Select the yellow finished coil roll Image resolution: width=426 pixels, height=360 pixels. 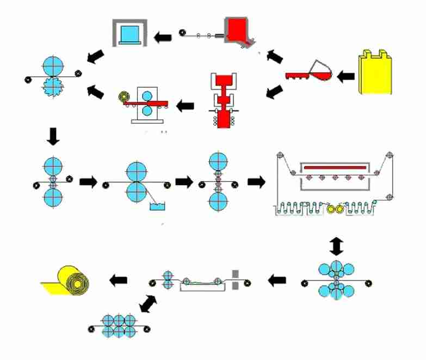pos(68,280)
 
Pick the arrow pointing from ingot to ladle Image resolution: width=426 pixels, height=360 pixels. pos(345,76)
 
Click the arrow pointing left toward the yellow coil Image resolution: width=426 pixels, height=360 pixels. pos(119,280)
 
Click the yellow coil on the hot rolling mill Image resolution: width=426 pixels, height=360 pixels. pos(125,96)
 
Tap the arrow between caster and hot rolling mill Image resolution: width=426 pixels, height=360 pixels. pos(187,102)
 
